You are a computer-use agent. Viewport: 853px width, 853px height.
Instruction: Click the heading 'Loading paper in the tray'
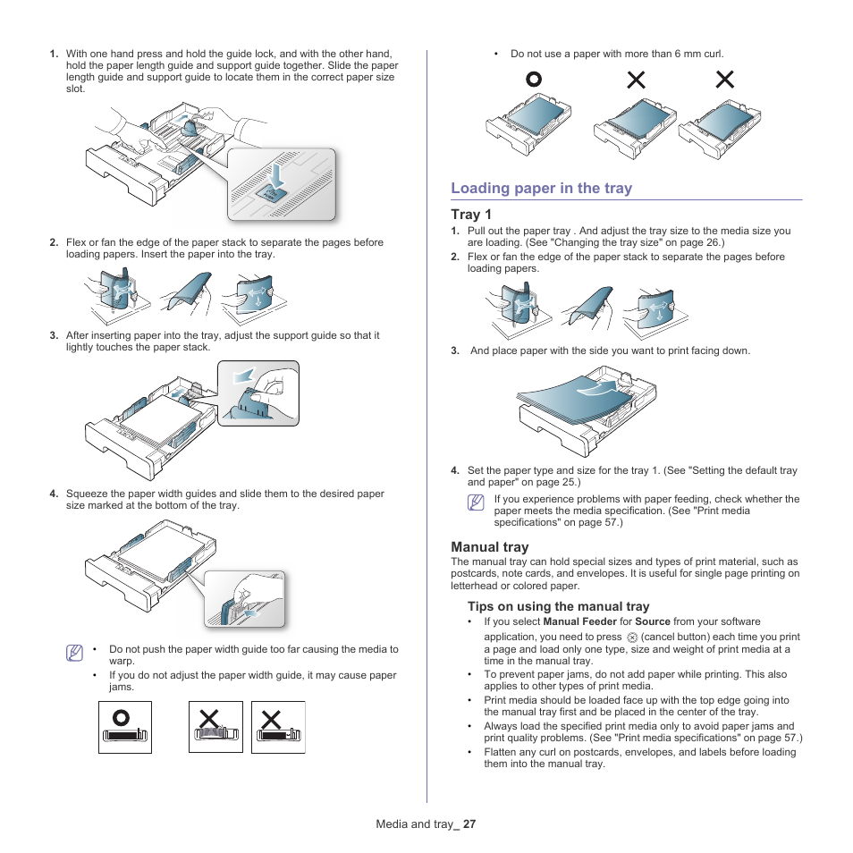pyautogui.click(x=541, y=188)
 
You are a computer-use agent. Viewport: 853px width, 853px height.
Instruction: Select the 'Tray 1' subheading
pyautogui.click(x=470, y=215)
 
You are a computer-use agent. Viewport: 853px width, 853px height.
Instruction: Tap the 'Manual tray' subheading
pyautogui.click(x=489, y=547)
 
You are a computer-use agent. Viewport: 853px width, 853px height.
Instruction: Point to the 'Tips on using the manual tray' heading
pyautogui.click(x=558, y=606)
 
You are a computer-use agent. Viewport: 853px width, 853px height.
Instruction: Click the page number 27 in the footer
pyautogui.click(x=469, y=824)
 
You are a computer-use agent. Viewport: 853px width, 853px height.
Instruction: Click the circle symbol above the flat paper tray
pyautogui.click(x=533, y=80)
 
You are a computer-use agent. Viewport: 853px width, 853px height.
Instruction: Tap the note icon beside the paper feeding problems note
pyautogui.click(x=475, y=503)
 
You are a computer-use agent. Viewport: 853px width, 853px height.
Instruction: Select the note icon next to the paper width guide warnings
pyautogui.click(x=75, y=654)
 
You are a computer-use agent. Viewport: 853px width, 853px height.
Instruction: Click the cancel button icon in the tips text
pyautogui.click(x=632, y=638)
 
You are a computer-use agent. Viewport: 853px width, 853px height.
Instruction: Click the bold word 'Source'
pyautogui.click(x=652, y=621)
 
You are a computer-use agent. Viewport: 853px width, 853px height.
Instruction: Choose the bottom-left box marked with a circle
pyautogui.click(x=124, y=727)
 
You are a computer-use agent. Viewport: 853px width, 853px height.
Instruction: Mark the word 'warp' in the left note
pyautogui.click(x=121, y=662)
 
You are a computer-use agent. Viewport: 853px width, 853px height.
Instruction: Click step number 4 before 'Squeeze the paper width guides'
pyautogui.click(x=54, y=494)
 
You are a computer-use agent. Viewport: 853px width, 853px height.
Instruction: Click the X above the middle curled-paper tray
pyautogui.click(x=636, y=80)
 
